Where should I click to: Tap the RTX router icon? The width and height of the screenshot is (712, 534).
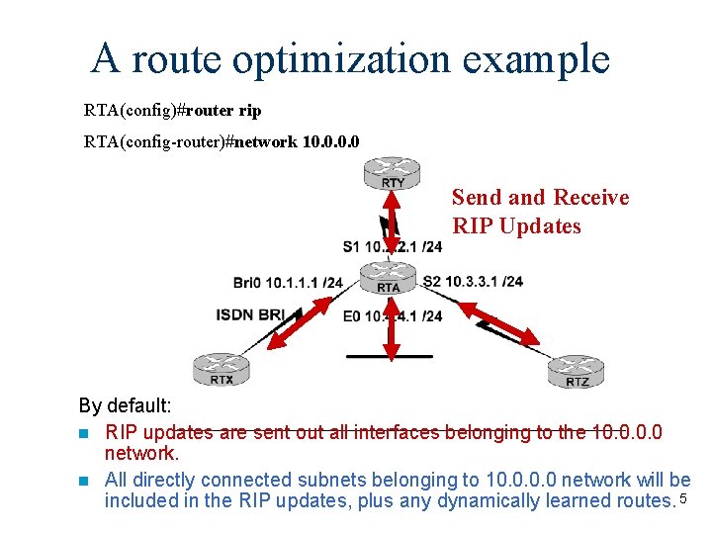[222, 369]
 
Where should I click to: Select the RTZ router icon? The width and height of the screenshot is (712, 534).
[577, 372]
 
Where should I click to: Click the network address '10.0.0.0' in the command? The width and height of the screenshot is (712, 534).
[331, 141]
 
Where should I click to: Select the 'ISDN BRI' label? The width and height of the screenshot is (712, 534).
[249, 314]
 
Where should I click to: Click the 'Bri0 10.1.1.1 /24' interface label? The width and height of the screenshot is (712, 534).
[288, 283]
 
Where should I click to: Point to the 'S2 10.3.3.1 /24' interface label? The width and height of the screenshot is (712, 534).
[473, 282]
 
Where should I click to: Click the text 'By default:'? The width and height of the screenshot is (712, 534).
[126, 405]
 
